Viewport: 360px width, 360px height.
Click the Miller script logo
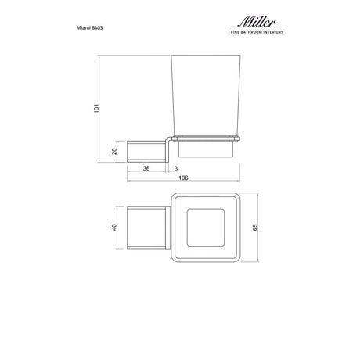point(257,22)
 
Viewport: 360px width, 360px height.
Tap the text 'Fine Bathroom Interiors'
point(257,32)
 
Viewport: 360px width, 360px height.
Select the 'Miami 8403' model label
point(89,27)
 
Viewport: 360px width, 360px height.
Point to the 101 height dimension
point(96,108)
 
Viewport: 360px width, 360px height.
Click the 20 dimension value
point(114,151)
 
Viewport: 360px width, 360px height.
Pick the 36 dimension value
point(146,169)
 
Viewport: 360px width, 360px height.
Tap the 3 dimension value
point(176,169)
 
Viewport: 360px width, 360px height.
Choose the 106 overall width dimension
point(183,178)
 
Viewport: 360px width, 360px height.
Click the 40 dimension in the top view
point(114,227)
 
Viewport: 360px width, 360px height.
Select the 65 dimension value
point(255,227)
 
